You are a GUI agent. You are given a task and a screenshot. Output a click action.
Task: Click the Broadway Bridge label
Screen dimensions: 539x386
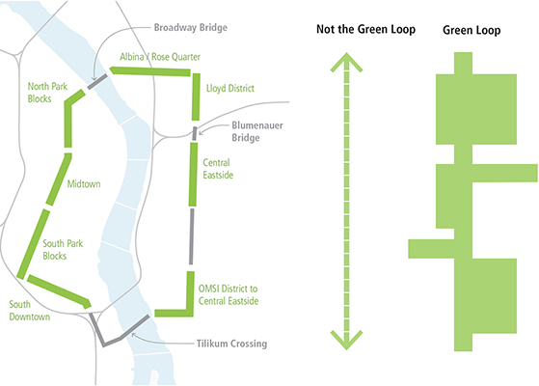(x=191, y=28)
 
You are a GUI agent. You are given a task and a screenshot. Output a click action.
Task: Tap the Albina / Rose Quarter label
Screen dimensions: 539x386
(x=160, y=57)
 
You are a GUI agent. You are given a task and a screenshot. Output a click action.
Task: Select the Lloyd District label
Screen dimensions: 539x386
(x=230, y=89)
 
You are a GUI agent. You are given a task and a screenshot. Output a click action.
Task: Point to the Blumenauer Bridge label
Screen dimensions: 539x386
(x=257, y=131)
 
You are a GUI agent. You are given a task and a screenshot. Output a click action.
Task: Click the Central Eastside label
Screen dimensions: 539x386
(x=218, y=169)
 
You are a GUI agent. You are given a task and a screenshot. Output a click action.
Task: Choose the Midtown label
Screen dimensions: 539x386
(x=84, y=184)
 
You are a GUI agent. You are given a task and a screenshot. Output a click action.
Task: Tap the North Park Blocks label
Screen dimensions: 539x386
(x=47, y=93)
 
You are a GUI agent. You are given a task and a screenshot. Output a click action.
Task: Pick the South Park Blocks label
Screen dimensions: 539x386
(x=63, y=250)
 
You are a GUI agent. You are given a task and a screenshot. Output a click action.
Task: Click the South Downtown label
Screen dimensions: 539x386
(x=30, y=311)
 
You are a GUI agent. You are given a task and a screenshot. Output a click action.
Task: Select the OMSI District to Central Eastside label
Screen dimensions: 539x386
(x=229, y=295)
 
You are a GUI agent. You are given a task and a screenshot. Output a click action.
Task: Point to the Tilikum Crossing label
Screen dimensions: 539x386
(x=231, y=344)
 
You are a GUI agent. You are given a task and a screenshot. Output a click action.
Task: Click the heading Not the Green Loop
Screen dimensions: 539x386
(x=365, y=29)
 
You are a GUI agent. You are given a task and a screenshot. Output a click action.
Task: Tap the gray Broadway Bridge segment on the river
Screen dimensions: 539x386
(x=97, y=81)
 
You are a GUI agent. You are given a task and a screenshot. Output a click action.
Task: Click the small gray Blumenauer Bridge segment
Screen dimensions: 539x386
(x=195, y=133)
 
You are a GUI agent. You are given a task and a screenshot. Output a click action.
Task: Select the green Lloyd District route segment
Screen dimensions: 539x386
(x=196, y=97)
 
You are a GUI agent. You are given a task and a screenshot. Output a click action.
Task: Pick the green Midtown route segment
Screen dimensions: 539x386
(x=59, y=179)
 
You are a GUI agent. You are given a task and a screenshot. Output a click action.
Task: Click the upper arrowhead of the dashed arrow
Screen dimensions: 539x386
(x=346, y=62)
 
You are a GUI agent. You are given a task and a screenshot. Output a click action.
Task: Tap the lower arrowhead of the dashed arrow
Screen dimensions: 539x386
(x=346, y=340)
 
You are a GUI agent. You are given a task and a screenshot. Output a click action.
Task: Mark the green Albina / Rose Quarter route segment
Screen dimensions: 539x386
(x=149, y=71)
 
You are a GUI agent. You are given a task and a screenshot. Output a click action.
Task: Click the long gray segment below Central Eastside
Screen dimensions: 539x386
(x=192, y=236)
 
